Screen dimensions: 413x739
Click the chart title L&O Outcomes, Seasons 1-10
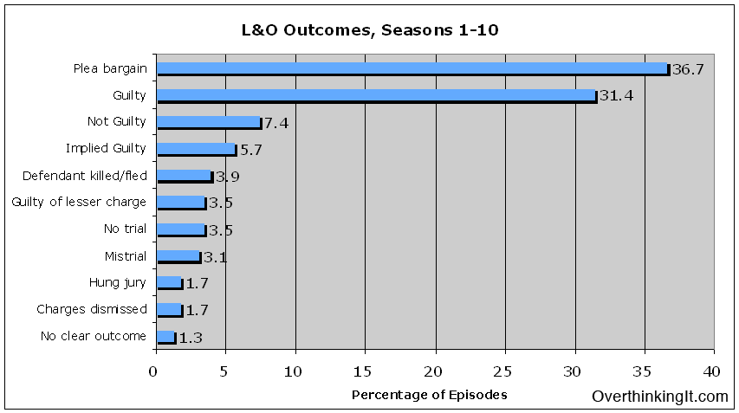[370, 30]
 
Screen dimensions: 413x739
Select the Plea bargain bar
[412, 68]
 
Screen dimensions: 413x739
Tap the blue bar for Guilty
[376, 95]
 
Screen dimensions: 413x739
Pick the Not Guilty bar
[208, 122]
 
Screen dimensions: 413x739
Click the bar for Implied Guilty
[196, 149]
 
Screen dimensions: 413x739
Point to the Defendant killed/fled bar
[184, 176]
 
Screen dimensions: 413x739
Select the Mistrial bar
[178, 256]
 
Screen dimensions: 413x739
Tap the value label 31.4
[616, 96]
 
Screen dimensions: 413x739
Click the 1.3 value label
[191, 338]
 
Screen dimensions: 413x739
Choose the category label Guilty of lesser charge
[79, 203]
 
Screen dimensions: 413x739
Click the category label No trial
[125, 229]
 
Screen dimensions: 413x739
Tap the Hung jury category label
[117, 282]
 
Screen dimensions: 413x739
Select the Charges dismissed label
[92, 309]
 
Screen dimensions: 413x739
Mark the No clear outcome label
[94, 336]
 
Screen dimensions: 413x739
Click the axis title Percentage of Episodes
[429, 395]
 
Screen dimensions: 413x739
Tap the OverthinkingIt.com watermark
[660, 397]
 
